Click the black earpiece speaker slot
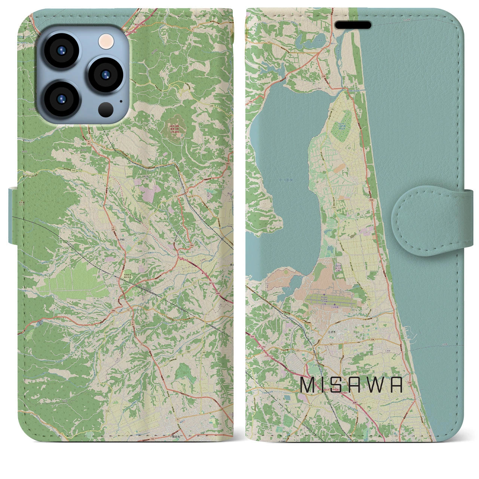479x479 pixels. [353, 25]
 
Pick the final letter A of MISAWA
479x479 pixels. [395, 385]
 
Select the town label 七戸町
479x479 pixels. [129, 238]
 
